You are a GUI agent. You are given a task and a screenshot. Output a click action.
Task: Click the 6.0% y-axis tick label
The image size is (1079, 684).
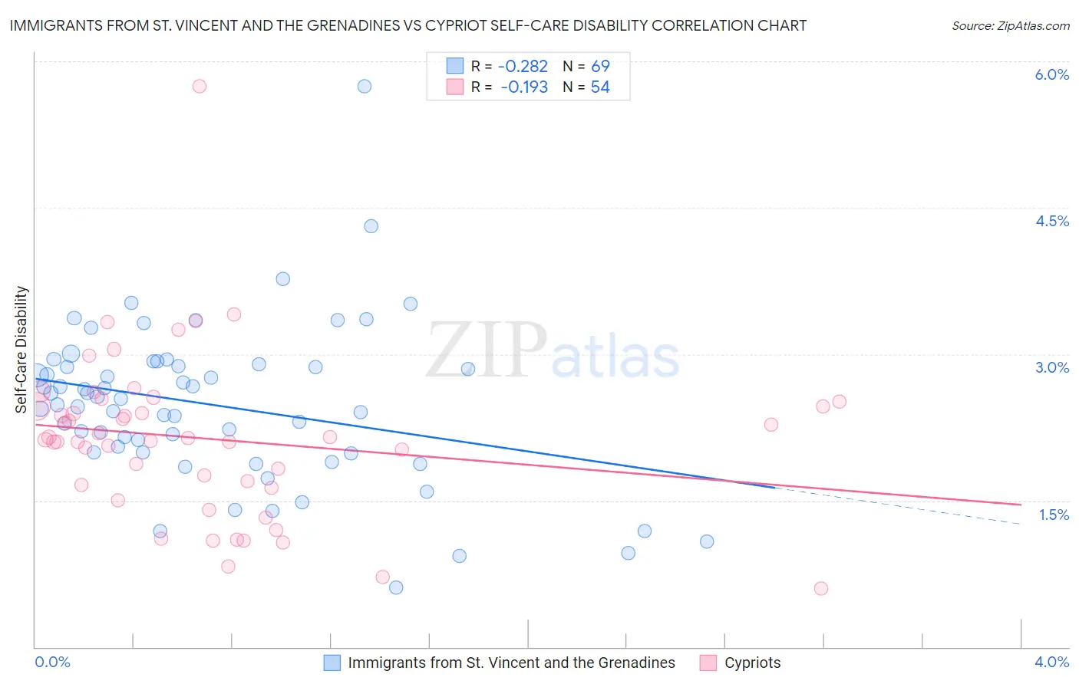click(x=1051, y=74)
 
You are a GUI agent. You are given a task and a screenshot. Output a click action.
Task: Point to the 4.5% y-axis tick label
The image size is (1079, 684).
click(x=1051, y=221)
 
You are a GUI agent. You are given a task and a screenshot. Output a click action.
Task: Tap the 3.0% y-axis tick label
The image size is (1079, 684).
click(x=1051, y=367)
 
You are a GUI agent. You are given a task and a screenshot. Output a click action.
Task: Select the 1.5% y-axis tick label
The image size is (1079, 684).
click(x=1054, y=515)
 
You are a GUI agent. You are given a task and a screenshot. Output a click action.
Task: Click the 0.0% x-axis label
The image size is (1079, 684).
click(x=52, y=662)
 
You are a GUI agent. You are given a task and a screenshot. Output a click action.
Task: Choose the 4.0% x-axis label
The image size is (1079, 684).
click(x=1051, y=662)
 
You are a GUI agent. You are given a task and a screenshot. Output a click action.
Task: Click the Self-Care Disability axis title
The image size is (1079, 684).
click(x=21, y=350)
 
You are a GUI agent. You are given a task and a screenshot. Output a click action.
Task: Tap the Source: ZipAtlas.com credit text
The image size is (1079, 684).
click(x=1010, y=25)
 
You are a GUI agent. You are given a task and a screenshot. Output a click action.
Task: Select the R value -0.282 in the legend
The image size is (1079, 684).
click(x=523, y=66)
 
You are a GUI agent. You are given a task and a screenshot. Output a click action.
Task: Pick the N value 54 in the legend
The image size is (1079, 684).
click(x=600, y=87)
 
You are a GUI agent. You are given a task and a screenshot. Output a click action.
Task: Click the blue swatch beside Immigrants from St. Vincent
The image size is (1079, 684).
click(x=332, y=663)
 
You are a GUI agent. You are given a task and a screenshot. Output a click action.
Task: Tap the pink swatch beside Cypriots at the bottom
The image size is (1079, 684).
click(x=708, y=663)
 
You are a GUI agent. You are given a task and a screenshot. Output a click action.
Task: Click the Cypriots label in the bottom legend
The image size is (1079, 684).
click(x=752, y=663)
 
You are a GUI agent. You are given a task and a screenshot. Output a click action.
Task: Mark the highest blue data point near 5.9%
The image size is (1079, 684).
click(x=365, y=86)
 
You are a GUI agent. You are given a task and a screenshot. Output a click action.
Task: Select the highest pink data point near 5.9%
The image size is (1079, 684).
click(x=200, y=86)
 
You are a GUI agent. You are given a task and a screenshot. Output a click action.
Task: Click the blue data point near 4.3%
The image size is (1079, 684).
click(x=371, y=226)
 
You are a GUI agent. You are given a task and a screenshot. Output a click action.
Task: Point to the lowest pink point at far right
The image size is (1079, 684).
click(x=821, y=588)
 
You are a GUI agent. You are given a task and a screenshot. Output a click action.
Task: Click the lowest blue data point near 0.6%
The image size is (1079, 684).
click(x=396, y=587)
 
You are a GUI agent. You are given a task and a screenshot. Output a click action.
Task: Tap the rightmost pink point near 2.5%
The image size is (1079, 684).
click(x=839, y=402)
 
